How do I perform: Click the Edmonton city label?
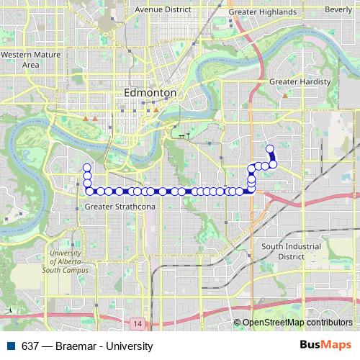(150, 93)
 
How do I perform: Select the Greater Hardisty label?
(300, 82)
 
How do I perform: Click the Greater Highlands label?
(262, 12)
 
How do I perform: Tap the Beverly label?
(338, 9)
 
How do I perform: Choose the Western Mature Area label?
(30, 60)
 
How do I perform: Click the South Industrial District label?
(292, 251)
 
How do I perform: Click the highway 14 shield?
(138, 325)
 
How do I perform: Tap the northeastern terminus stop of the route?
(270, 149)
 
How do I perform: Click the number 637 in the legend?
(30, 346)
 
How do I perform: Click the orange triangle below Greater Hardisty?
(285, 95)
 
